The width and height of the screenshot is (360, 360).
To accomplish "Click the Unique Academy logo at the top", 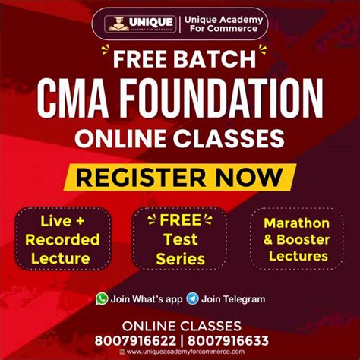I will pos(141,24).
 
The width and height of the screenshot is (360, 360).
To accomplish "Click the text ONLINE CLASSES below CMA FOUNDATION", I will pos(179,138).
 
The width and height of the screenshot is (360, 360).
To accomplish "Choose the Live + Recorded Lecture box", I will pos(62,240).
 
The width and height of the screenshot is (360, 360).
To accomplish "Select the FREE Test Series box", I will pos(179,240).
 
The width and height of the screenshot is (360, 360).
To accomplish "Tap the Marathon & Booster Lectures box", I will pos(296,240).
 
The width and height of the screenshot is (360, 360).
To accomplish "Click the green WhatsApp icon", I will pos(102,298).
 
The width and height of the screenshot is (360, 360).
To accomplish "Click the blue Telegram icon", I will pos(193,298).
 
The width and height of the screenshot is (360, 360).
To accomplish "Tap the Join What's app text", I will pos(145,299).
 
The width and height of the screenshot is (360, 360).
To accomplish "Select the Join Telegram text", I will pos(234,299).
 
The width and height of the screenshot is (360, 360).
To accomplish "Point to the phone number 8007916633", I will pos(226,339).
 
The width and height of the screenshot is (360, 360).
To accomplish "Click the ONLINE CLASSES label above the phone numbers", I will pos(179,325).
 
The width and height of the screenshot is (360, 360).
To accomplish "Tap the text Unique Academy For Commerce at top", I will pos(220,24).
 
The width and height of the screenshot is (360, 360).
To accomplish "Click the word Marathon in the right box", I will pos(296,223).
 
